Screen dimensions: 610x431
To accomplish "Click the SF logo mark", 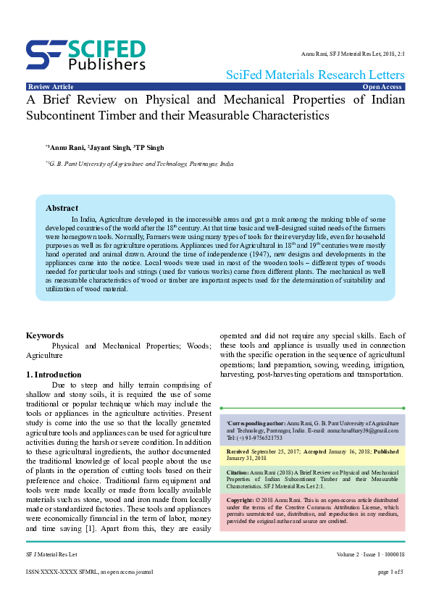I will pos(46,53).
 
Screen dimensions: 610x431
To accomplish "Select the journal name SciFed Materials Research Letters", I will pos(315,75).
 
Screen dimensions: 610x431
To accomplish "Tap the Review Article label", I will pos(50,87).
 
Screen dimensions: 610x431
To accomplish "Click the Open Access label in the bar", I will pos(383,87).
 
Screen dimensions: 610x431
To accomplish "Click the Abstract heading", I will pos(62,208).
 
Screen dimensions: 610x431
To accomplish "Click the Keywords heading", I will pos(45,335).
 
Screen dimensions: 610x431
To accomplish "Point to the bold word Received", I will pos(240,451).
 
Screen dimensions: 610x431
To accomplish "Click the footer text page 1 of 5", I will pos(391,572).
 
